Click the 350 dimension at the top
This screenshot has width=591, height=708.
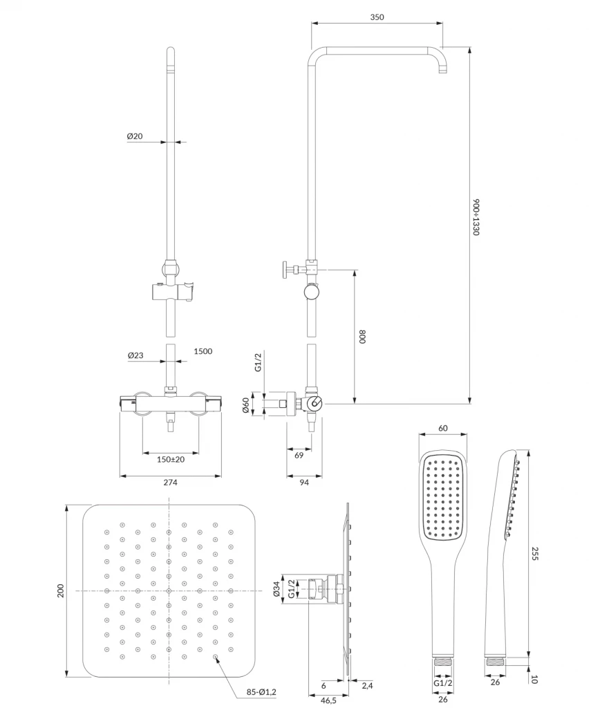(377, 17)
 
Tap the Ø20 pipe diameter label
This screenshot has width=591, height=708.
(135, 136)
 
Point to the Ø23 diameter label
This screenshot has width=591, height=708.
(135, 355)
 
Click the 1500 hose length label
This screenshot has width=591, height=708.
(203, 351)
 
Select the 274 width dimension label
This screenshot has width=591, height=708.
(170, 483)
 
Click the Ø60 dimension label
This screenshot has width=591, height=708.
(245, 405)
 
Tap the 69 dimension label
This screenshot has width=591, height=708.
(299, 456)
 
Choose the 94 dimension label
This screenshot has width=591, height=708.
(304, 483)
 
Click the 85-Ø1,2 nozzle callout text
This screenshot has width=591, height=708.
(261, 691)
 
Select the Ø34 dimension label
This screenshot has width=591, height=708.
(277, 590)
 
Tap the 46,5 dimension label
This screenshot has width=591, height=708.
(329, 700)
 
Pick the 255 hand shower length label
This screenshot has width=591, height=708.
(535, 553)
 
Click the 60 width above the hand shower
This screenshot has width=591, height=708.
(443, 428)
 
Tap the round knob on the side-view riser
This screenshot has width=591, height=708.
(312, 292)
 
